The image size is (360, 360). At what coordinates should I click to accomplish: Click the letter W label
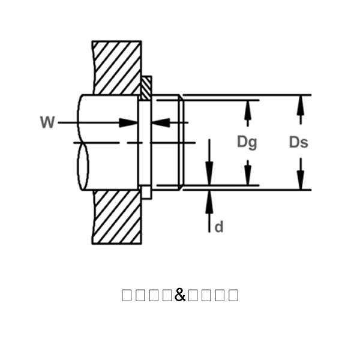click(x=47, y=123)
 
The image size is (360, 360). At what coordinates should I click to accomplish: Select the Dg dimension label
click(x=247, y=142)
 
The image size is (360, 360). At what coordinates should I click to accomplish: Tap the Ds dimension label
click(x=299, y=142)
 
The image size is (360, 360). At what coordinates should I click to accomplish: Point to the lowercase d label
click(x=219, y=227)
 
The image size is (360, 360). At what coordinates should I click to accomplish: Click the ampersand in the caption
click(x=180, y=295)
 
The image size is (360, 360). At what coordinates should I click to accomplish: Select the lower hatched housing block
click(x=117, y=217)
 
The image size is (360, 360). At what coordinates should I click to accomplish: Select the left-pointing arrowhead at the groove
click(x=160, y=122)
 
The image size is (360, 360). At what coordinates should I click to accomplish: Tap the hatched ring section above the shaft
click(x=146, y=86)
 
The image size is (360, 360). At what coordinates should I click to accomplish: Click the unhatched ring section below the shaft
click(x=146, y=193)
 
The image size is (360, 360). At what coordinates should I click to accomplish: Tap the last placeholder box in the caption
click(x=233, y=295)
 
